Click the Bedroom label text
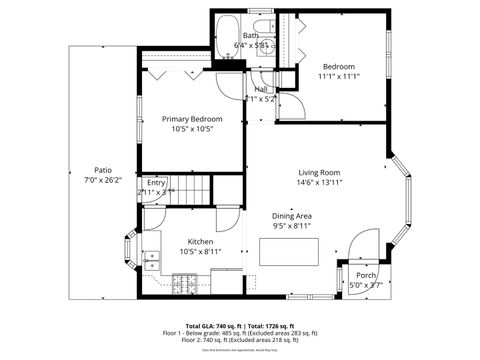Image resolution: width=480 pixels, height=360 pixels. tap(339, 66)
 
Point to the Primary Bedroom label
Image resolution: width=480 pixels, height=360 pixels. tap(192, 119)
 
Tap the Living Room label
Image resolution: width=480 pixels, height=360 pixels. tap(318, 172)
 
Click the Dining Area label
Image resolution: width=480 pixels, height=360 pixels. tap(292, 216)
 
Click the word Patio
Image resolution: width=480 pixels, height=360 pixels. tap(103, 170)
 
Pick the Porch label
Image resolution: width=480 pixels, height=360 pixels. tap(366, 275)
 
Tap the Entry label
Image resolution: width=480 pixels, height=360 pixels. tap(156, 183)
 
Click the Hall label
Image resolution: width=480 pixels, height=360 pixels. tap(260, 90)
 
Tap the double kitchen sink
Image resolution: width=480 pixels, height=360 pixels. tap(153, 262)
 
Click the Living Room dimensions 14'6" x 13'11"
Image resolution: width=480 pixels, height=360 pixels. tap(318, 183)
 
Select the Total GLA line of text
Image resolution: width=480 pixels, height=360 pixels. tap(240, 326)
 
